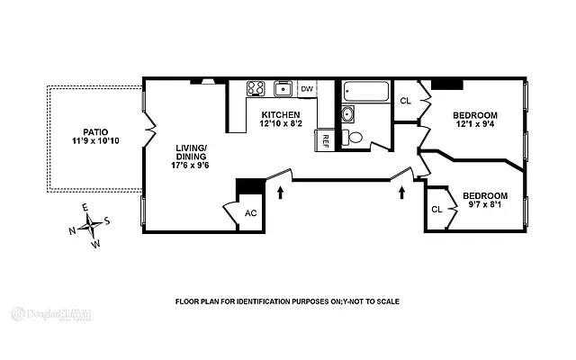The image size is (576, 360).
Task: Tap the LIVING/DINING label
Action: (x=190, y=150)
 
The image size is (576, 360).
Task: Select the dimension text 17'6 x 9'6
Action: (x=190, y=165)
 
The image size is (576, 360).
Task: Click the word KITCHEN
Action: (x=281, y=115)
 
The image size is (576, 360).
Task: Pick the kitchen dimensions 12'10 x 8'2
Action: (x=281, y=126)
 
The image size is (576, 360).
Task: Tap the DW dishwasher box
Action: (x=307, y=89)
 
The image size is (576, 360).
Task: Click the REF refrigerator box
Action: (x=321, y=139)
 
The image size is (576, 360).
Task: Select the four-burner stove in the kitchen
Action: (x=256, y=89)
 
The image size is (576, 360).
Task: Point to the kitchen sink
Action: (x=283, y=88)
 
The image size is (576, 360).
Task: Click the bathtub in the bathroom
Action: (x=365, y=92)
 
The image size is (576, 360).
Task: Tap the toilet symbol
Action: (x=355, y=138)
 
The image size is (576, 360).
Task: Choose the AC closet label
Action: (x=251, y=213)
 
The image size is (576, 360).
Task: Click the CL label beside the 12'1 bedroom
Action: (x=405, y=100)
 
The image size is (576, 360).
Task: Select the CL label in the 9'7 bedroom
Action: (x=437, y=209)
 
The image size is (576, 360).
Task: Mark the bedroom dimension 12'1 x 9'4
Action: (x=474, y=126)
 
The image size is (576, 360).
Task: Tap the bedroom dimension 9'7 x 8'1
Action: (x=483, y=206)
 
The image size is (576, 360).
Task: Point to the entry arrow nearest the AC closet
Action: (x=281, y=192)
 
